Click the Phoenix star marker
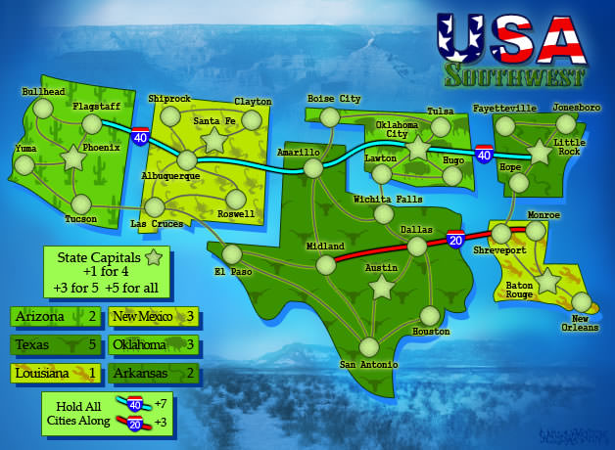point(73,157)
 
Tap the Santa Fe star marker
point(213,140)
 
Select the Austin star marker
point(381,286)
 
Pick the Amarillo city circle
point(313,168)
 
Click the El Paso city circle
point(232,254)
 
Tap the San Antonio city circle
point(368,346)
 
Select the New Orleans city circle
point(582,301)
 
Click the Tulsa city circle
point(441,127)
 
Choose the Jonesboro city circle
point(565,123)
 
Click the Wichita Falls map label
point(388,200)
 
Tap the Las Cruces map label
point(156,224)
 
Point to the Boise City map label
point(334,99)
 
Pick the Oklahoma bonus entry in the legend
point(154,344)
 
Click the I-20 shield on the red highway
point(455,239)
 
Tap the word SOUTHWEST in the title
point(515,75)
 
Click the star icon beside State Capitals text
point(153,259)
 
